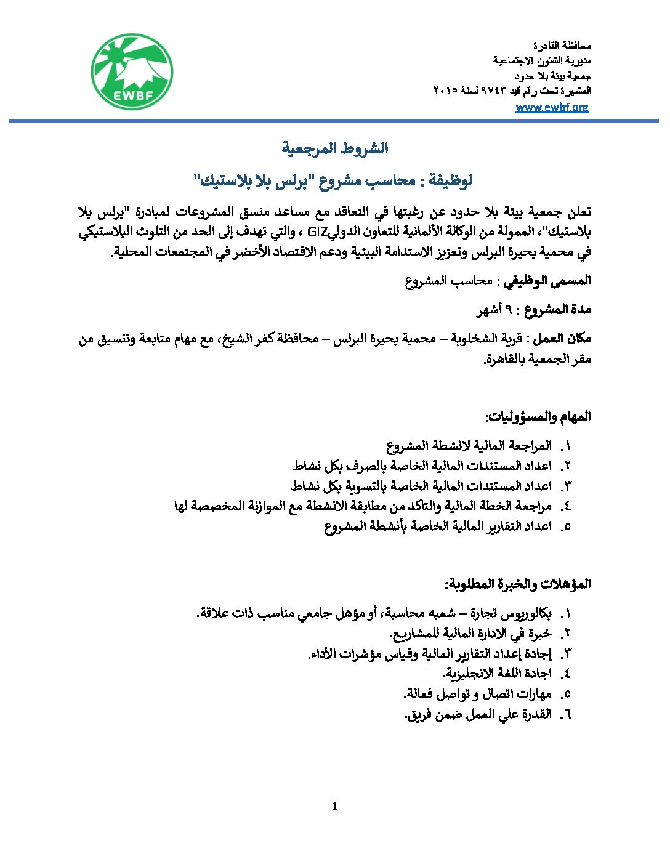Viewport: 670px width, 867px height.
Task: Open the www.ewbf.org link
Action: [x=552, y=107]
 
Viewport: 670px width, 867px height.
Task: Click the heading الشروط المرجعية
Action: [x=335, y=148]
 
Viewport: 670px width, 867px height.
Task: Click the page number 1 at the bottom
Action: [x=334, y=806]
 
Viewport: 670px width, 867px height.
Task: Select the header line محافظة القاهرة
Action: [x=562, y=46]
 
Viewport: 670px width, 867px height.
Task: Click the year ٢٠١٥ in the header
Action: [x=446, y=91]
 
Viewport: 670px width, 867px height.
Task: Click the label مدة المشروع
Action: [x=557, y=310]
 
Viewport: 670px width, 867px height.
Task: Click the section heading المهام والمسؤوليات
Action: [x=538, y=417]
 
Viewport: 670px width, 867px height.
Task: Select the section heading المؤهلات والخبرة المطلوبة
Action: [x=518, y=584]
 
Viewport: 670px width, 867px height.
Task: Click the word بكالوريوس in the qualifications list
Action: [x=527, y=613]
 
